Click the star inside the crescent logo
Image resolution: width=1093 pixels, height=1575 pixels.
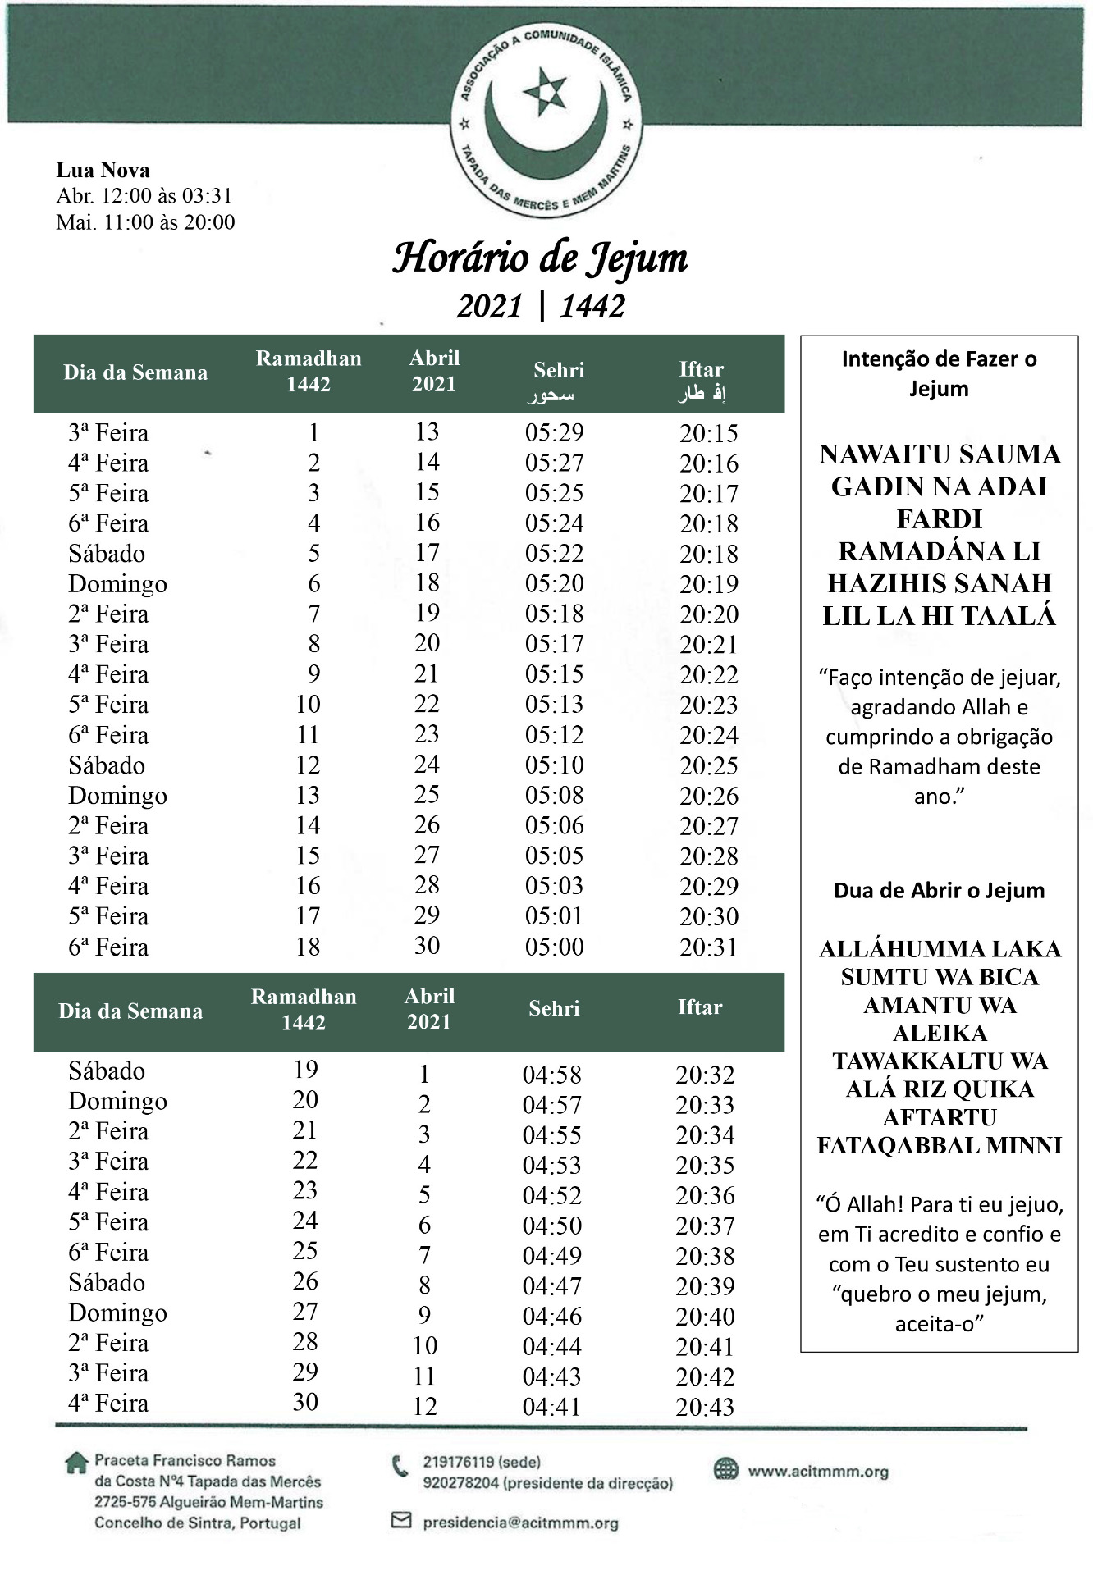pos(545,91)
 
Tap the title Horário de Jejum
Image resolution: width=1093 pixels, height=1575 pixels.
pos(540,258)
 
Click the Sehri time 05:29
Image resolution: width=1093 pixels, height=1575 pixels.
pos(555,432)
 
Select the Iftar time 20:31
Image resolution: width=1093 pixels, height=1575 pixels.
pos(709,947)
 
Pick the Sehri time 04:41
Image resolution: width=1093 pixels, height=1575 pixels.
pos(551,1407)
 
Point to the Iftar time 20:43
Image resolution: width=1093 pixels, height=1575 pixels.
pos(705,1407)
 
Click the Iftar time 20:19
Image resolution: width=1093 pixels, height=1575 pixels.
pos(709,584)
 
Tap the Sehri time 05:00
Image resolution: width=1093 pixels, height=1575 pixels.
pos(555,947)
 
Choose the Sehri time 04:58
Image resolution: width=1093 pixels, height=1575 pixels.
pos(551,1075)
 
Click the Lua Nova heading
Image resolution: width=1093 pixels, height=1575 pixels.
pos(103,171)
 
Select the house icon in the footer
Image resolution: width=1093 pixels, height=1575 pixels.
pos(76,1463)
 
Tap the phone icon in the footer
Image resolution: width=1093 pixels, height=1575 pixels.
pos(400,1465)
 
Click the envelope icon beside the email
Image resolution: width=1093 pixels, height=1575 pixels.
pos(400,1521)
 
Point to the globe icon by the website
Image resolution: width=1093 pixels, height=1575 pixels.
pos(725,1469)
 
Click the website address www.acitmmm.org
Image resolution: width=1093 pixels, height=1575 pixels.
pos(817,1471)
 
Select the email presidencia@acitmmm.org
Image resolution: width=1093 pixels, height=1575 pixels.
pos(520,1522)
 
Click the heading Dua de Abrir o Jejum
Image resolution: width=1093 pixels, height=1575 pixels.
pos(939,891)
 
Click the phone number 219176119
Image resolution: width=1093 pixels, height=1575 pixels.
pos(458,1462)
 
